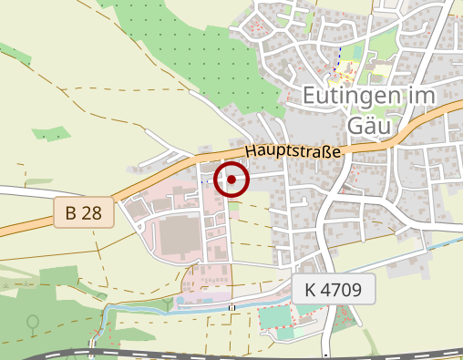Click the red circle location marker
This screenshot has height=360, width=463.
click(232, 180)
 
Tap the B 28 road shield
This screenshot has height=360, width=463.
click(83, 213)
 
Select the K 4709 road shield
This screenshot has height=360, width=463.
click(334, 291)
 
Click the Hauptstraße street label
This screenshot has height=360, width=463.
click(293, 151)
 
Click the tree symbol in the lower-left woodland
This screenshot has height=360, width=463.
click(34, 323)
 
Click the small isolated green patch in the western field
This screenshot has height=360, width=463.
click(51, 135)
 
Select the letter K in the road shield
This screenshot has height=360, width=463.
click(311, 291)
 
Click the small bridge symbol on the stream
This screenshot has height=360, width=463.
click(231, 308)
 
